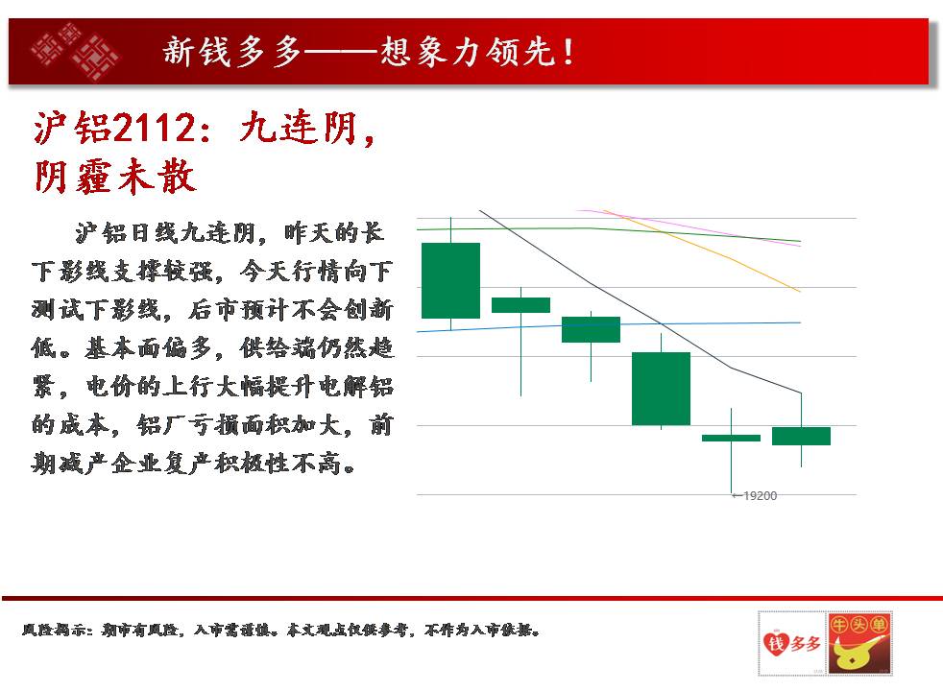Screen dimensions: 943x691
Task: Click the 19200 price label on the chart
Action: click(x=761, y=496)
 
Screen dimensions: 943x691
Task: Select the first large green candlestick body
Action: click(x=450, y=280)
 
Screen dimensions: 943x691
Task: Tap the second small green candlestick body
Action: click(x=520, y=305)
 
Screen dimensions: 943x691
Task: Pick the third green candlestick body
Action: click(x=591, y=329)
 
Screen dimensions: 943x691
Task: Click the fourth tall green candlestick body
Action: click(x=661, y=389)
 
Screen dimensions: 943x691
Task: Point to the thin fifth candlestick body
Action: click(x=732, y=438)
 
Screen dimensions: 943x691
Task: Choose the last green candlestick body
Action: click(x=801, y=437)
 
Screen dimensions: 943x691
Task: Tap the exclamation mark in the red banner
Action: click(x=568, y=52)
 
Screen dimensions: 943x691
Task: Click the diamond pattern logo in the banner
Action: click(x=75, y=52)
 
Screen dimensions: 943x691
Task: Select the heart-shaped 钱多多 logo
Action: click(x=791, y=644)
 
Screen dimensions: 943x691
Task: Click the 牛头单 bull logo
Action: click(x=858, y=644)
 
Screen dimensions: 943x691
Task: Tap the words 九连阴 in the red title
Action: click(x=299, y=128)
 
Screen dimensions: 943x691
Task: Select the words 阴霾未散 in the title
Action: click(x=115, y=177)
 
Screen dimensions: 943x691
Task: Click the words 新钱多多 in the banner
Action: click(x=232, y=52)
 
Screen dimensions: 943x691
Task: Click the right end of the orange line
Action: click(x=801, y=292)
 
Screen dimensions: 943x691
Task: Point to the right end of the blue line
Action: click(x=801, y=322)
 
